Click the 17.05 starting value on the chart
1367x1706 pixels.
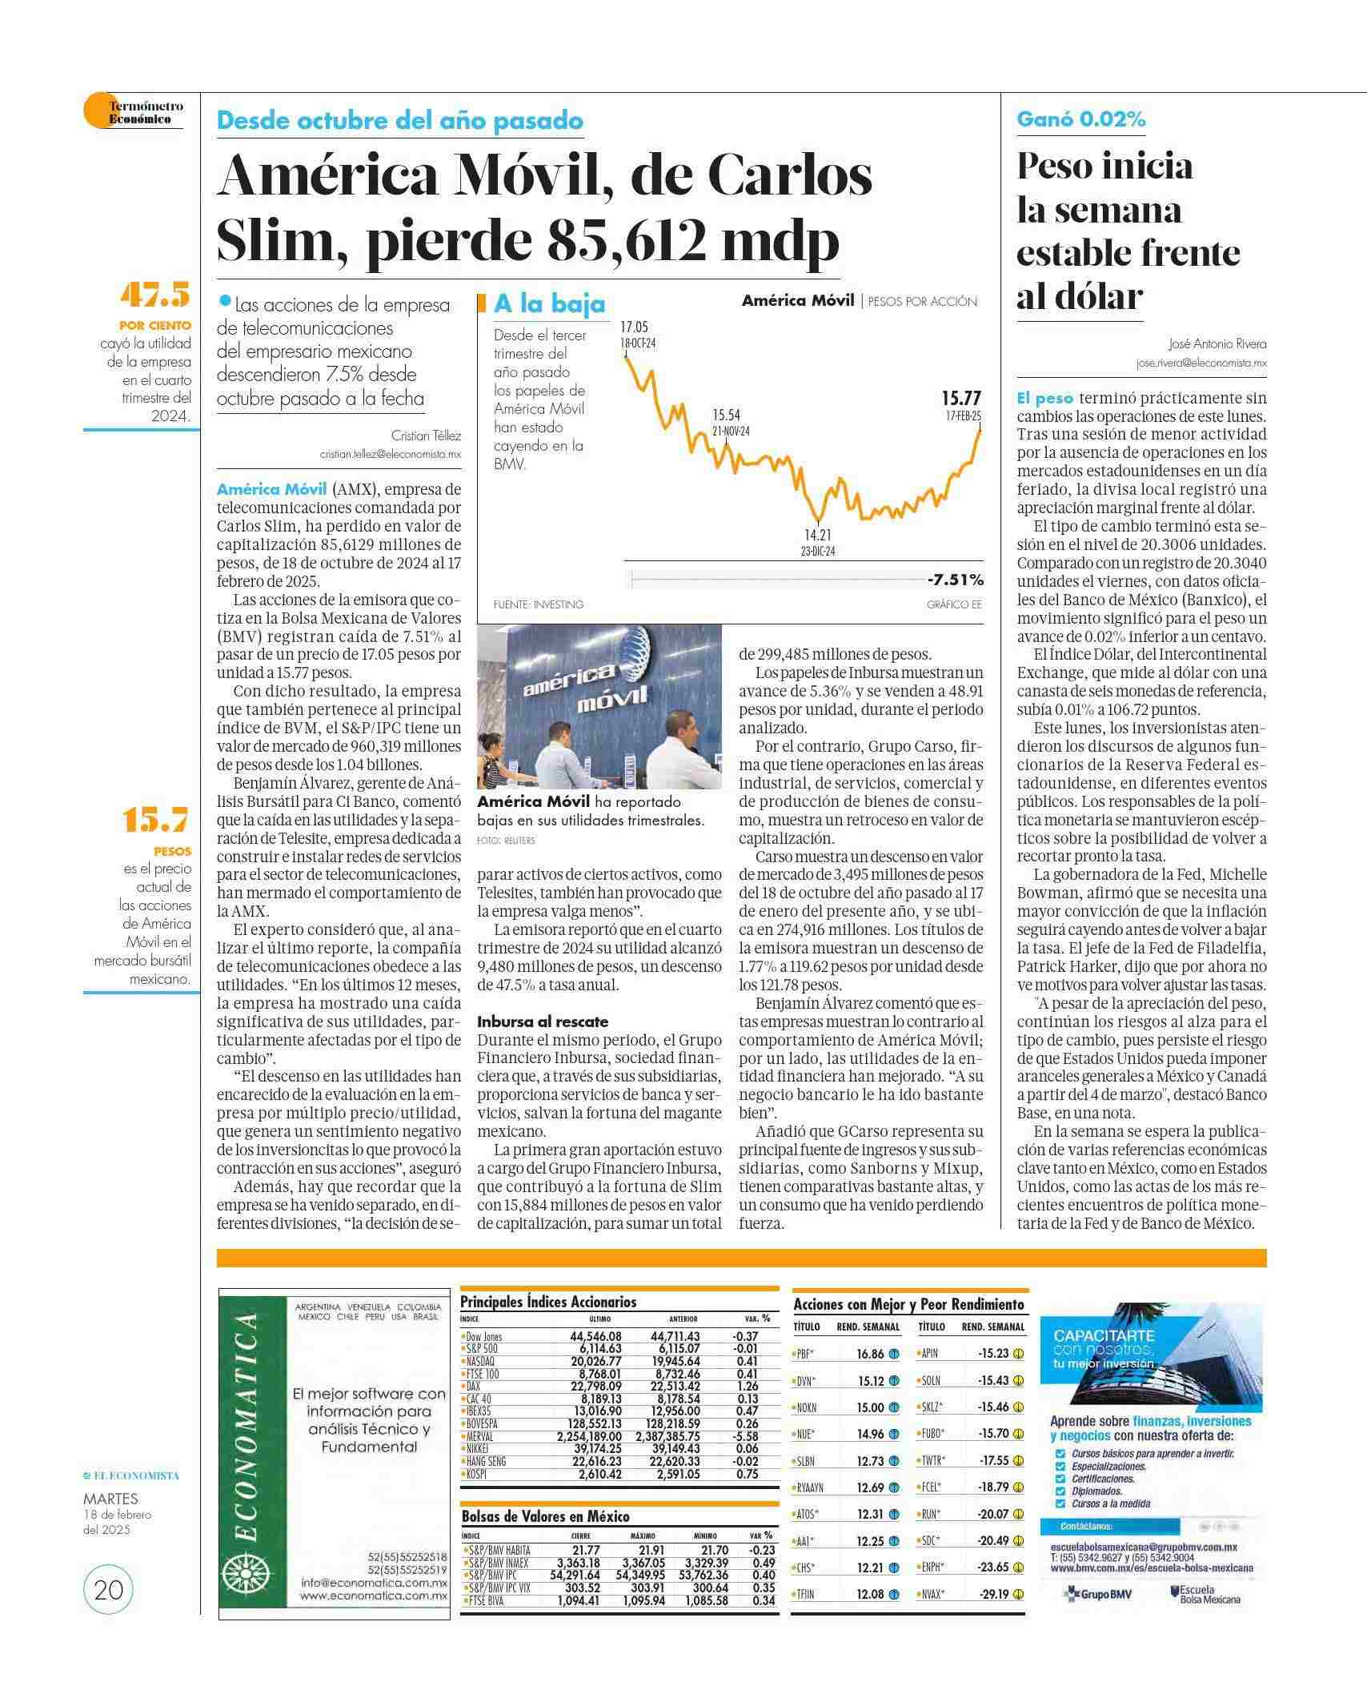click(x=634, y=327)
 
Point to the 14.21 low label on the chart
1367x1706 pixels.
click(x=818, y=535)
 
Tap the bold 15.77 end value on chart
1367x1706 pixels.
click(x=960, y=398)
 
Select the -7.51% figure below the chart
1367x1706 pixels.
click(x=956, y=580)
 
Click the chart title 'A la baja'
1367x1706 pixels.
click(x=549, y=304)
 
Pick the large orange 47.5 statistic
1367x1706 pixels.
click(x=155, y=295)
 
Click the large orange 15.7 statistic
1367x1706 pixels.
click(x=156, y=820)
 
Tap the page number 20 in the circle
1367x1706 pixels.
click(x=108, y=1589)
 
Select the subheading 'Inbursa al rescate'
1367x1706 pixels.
click(x=543, y=1022)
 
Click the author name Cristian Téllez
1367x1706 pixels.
click(x=426, y=436)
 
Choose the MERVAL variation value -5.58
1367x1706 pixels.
click(x=744, y=1436)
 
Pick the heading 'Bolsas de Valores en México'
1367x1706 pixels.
click(x=545, y=1516)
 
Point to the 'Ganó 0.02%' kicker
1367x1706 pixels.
click(x=1080, y=119)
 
